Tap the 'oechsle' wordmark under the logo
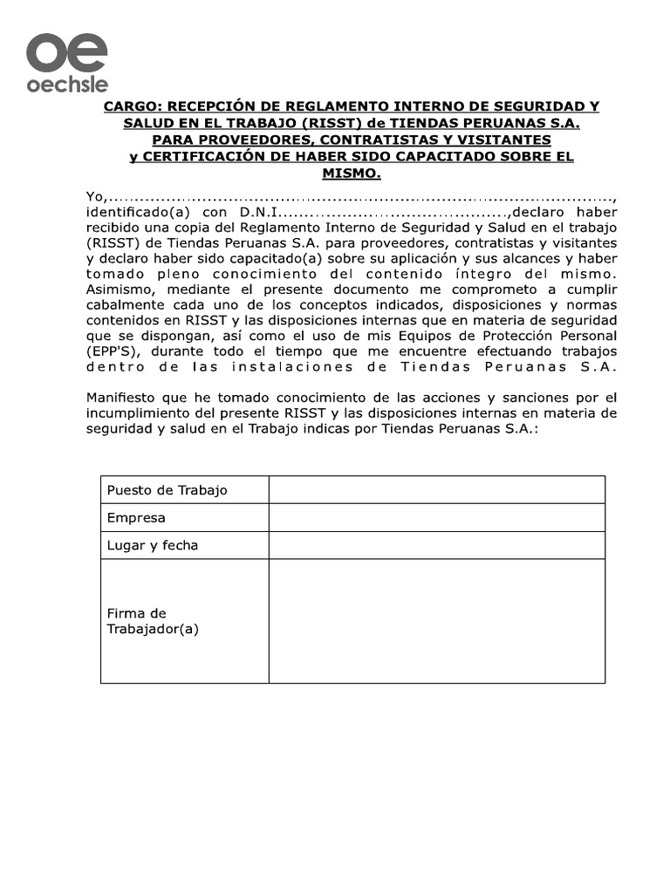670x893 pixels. click(x=66, y=85)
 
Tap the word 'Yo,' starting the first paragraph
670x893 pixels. click(x=96, y=195)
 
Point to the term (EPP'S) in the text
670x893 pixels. click(x=116, y=351)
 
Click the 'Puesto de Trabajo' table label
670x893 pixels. click(x=167, y=490)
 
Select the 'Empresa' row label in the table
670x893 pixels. click(x=136, y=518)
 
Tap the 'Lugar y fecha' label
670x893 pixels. click(x=153, y=545)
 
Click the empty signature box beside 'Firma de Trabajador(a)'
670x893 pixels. click(x=436, y=620)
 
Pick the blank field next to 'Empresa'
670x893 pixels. click(x=436, y=518)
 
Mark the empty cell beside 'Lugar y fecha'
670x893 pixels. click(x=436, y=545)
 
